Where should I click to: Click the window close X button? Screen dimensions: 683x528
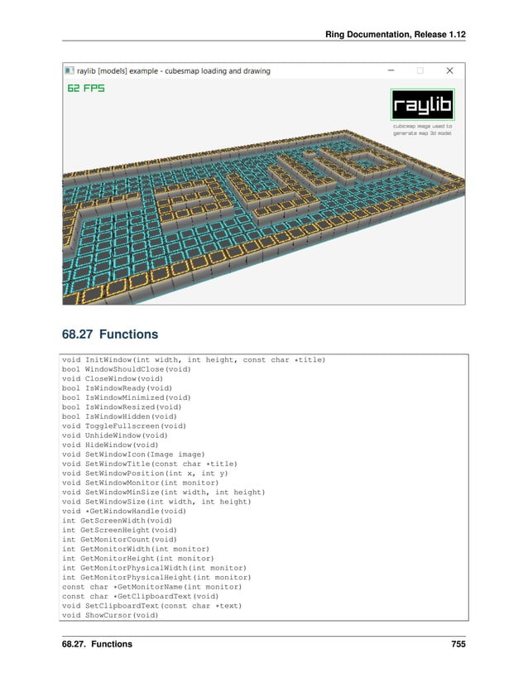(x=449, y=71)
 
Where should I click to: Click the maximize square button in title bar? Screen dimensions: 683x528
(x=420, y=71)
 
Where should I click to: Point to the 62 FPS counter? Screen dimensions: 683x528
(x=86, y=88)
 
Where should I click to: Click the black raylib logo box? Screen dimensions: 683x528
(x=423, y=104)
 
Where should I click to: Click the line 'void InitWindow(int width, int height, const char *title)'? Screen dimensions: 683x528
(x=194, y=359)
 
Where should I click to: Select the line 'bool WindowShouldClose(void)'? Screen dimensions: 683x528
(x=126, y=369)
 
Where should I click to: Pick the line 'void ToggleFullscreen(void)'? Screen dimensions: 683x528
(x=123, y=426)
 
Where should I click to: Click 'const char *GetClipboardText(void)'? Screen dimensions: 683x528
(x=140, y=596)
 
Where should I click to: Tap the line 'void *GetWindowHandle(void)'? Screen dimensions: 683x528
(x=123, y=511)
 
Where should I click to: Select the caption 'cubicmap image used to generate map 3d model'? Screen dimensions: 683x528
(x=422, y=129)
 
